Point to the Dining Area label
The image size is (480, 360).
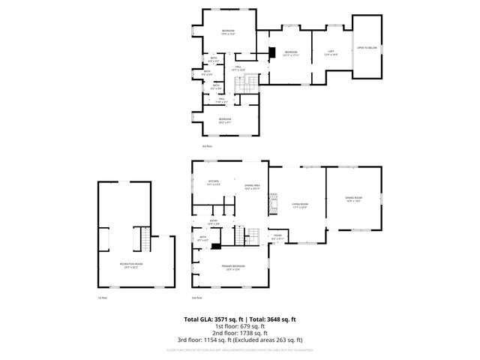pyautogui.click(x=252, y=187)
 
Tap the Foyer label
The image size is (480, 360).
pyautogui.click(x=277, y=238)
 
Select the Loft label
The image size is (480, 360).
pyautogui.click(x=330, y=53)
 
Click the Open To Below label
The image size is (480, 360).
pyautogui.click(x=367, y=48)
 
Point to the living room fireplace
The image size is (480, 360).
pyautogui.click(x=274, y=204)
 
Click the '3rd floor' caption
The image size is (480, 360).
pyautogui.click(x=206, y=146)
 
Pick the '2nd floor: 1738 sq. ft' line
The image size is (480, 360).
pyautogui.click(x=239, y=333)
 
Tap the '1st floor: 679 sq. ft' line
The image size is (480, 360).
pyautogui.click(x=239, y=326)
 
